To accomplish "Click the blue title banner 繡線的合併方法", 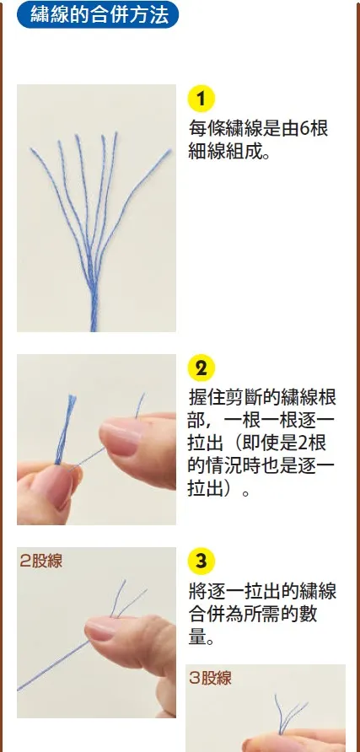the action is tap(97, 14).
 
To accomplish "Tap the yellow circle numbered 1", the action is tap(201, 99).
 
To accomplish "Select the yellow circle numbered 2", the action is tap(201, 368).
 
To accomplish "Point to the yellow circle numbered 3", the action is tap(201, 561).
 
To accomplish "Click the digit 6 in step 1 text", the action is tap(306, 128).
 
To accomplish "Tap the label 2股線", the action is tap(41, 561).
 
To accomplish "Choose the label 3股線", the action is tap(211, 678).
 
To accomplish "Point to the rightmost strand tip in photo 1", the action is tap(169, 152).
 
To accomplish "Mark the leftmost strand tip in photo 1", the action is tap(33, 151).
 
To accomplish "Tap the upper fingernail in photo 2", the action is tap(121, 438).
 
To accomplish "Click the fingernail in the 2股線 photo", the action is tap(102, 628).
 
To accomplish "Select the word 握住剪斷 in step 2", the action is tap(226, 396).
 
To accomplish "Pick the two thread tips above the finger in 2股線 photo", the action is tap(128, 598).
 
